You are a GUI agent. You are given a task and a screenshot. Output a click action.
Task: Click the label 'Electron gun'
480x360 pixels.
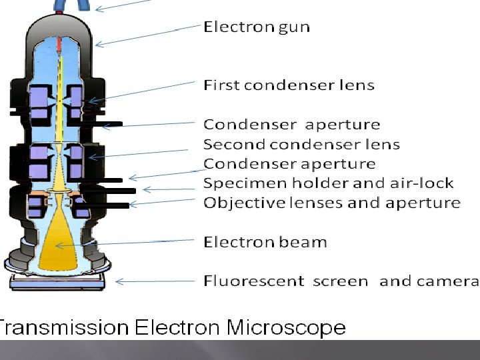(x=257, y=27)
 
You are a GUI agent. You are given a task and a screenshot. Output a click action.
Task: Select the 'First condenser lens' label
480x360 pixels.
(x=289, y=85)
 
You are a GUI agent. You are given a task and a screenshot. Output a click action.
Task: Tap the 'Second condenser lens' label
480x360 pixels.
(x=301, y=144)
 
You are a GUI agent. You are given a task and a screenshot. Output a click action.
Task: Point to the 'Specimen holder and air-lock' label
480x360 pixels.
(x=328, y=183)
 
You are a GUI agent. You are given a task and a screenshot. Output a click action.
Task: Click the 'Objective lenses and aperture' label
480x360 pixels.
(x=332, y=203)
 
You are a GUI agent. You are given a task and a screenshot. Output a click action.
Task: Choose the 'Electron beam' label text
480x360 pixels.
(x=265, y=241)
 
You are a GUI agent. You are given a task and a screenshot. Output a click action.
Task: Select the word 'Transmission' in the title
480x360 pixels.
(x=63, y=328)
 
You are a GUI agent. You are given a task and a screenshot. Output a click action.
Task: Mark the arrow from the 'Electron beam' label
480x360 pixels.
(x=127, y=243)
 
